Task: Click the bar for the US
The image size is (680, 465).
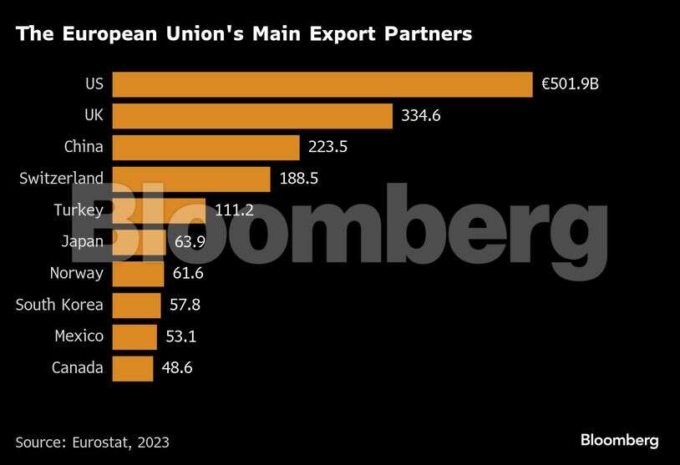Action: pyautogui.click(x=322, y=84)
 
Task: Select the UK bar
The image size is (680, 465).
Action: pyautogui.click(x=251, y=116)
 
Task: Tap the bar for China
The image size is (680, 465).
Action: pyautogui.click(x=206, y=147)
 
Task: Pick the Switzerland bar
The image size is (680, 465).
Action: pyautogui.click(x=190, y=179)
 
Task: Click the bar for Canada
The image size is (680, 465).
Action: pyautogui.click(x=132, y=367)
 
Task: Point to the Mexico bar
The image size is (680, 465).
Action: pyautogui.click(x=134, y=336)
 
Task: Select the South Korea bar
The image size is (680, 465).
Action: pyautogui.click(x=135, y=305)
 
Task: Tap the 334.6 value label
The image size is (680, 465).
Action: pyautogui.click(x=421, y=116)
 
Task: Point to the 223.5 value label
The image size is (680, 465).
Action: pyautogui.click(x=327, y=147)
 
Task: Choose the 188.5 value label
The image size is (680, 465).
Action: pyautogui.click(x=298, y=179)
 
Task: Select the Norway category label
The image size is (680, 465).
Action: pyautogui.click(x=76, y=273)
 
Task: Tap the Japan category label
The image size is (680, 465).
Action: pyautogui.click(x=82, y=241)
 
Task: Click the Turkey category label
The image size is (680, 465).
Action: pyautogui.click(x=78, y=210)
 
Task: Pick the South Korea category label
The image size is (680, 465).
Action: pyautogui.click(x=59, y=305)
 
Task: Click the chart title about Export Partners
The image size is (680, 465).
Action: pyautogui.click(x=244, y=34)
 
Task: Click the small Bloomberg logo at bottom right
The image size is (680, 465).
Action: pyautogui.click(x=619, y=440)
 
